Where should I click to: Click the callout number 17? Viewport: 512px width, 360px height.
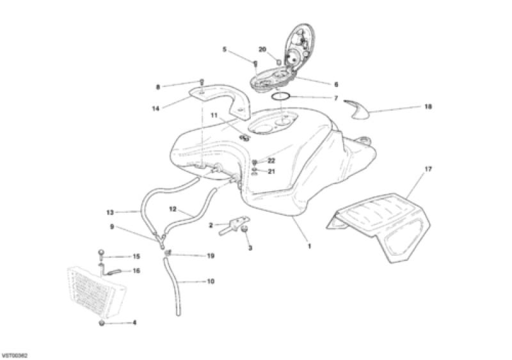428,169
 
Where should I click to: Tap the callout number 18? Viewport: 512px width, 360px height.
428,107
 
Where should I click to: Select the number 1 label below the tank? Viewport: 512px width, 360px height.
309,246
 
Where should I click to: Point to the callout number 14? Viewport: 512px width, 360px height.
156,108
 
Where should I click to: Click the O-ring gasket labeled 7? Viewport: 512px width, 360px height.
281,97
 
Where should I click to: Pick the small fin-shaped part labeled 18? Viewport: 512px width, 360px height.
356,109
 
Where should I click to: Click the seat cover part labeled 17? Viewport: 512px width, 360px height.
379,225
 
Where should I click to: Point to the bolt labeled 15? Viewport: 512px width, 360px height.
101,254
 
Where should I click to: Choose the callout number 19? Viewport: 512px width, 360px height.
211,256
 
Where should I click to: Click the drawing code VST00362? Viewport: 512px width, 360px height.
14,355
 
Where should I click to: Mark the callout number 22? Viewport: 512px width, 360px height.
271,160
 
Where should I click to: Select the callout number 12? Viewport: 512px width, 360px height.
173,209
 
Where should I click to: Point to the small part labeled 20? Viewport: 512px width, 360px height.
278,61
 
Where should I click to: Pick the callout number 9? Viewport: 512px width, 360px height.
112,226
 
